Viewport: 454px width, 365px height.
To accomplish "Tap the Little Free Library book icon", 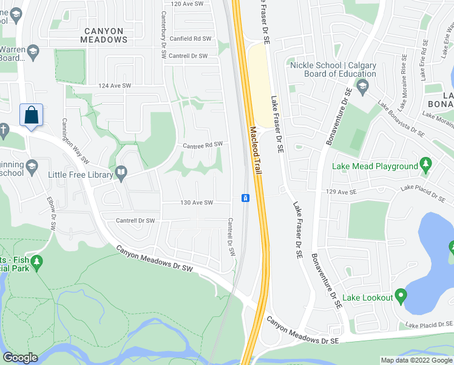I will coord(121,175).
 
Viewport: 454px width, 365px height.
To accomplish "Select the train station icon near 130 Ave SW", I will coord(244,198).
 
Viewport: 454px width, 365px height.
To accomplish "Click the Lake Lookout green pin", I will coord(400,296).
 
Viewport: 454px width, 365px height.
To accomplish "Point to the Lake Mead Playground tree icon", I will coord(425,165).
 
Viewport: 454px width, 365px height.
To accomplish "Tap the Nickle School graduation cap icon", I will coord(363,86).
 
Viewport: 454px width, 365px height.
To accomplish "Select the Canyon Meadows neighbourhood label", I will coord(104,35).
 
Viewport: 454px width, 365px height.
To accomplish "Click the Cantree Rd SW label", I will coord(203,145).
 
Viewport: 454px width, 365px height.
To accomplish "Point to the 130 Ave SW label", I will coord(197,203).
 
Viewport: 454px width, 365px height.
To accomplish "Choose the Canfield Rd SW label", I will coord(191,38).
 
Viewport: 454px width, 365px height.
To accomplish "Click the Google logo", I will coord(21,358).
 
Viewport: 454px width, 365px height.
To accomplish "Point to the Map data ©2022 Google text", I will coord(416,360).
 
